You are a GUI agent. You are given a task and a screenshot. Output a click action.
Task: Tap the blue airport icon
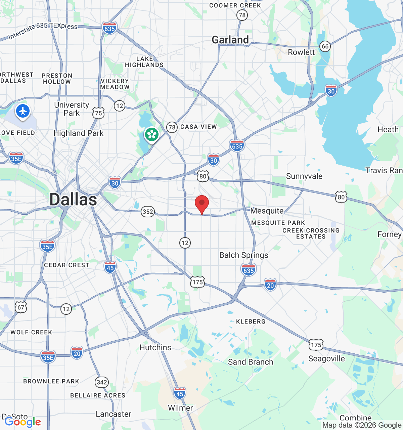tap(23, 111)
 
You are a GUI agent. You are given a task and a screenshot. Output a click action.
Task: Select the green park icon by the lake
tap(152, 134)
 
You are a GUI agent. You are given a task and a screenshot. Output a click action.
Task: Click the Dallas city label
tap(73, 200)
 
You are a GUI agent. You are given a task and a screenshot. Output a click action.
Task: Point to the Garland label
tap(230, 40)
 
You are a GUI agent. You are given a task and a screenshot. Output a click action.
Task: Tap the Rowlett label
tap(301, 52)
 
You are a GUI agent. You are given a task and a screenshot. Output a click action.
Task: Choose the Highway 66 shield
tap(325, 46)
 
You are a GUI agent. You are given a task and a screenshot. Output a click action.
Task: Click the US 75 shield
tap(98, 113)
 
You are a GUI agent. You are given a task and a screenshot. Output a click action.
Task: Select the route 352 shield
tap(148, 212)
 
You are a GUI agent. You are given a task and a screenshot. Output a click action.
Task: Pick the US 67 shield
tap(21, 307)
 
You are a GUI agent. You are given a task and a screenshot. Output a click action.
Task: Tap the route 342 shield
tap(101, 382)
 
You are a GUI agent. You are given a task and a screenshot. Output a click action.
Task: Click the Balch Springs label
tap(244, 255)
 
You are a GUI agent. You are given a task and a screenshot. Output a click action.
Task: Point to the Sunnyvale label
tap(304, 176)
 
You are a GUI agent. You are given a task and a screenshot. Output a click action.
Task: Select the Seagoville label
tap(326, 358)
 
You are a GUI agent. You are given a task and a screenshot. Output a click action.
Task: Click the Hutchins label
tap(155, 347)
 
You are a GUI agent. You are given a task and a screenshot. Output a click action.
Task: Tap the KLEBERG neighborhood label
tap(251, 321)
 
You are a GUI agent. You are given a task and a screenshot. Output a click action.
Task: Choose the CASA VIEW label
tap(198, 127)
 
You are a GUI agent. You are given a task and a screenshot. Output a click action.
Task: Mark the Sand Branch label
tap(251, 362)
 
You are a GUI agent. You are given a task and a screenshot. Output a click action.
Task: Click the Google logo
tap(23, 422)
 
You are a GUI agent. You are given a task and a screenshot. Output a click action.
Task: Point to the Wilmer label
tap(180, 408)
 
